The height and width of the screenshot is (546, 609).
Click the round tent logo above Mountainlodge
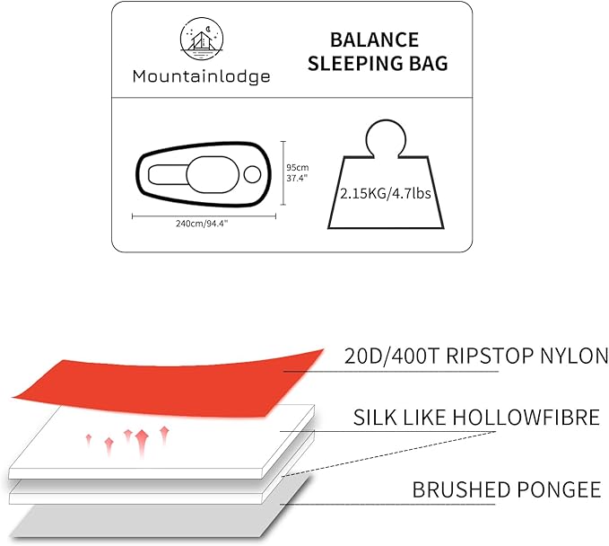point(202,39)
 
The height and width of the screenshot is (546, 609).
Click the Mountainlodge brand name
point(201,76)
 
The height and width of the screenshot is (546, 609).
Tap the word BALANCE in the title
point(374,40)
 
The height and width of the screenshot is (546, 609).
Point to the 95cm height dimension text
point(298,168)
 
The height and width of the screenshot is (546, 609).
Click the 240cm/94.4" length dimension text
point(202,224)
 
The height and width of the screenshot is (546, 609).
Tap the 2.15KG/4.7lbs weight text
point(386,193)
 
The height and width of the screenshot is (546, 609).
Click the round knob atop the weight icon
point(386,138)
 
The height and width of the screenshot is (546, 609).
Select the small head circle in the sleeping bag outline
point(252,174)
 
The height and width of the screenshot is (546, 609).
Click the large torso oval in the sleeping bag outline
point(212,174)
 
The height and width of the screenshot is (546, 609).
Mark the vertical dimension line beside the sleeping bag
point(283,173)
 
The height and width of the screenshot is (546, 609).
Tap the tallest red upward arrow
point(142,444)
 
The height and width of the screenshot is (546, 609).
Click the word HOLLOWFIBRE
point(526,418)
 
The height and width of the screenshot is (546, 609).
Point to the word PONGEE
point(558,489)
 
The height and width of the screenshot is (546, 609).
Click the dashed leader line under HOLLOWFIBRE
point(389,454)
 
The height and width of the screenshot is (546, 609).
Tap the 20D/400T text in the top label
point(392,356)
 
